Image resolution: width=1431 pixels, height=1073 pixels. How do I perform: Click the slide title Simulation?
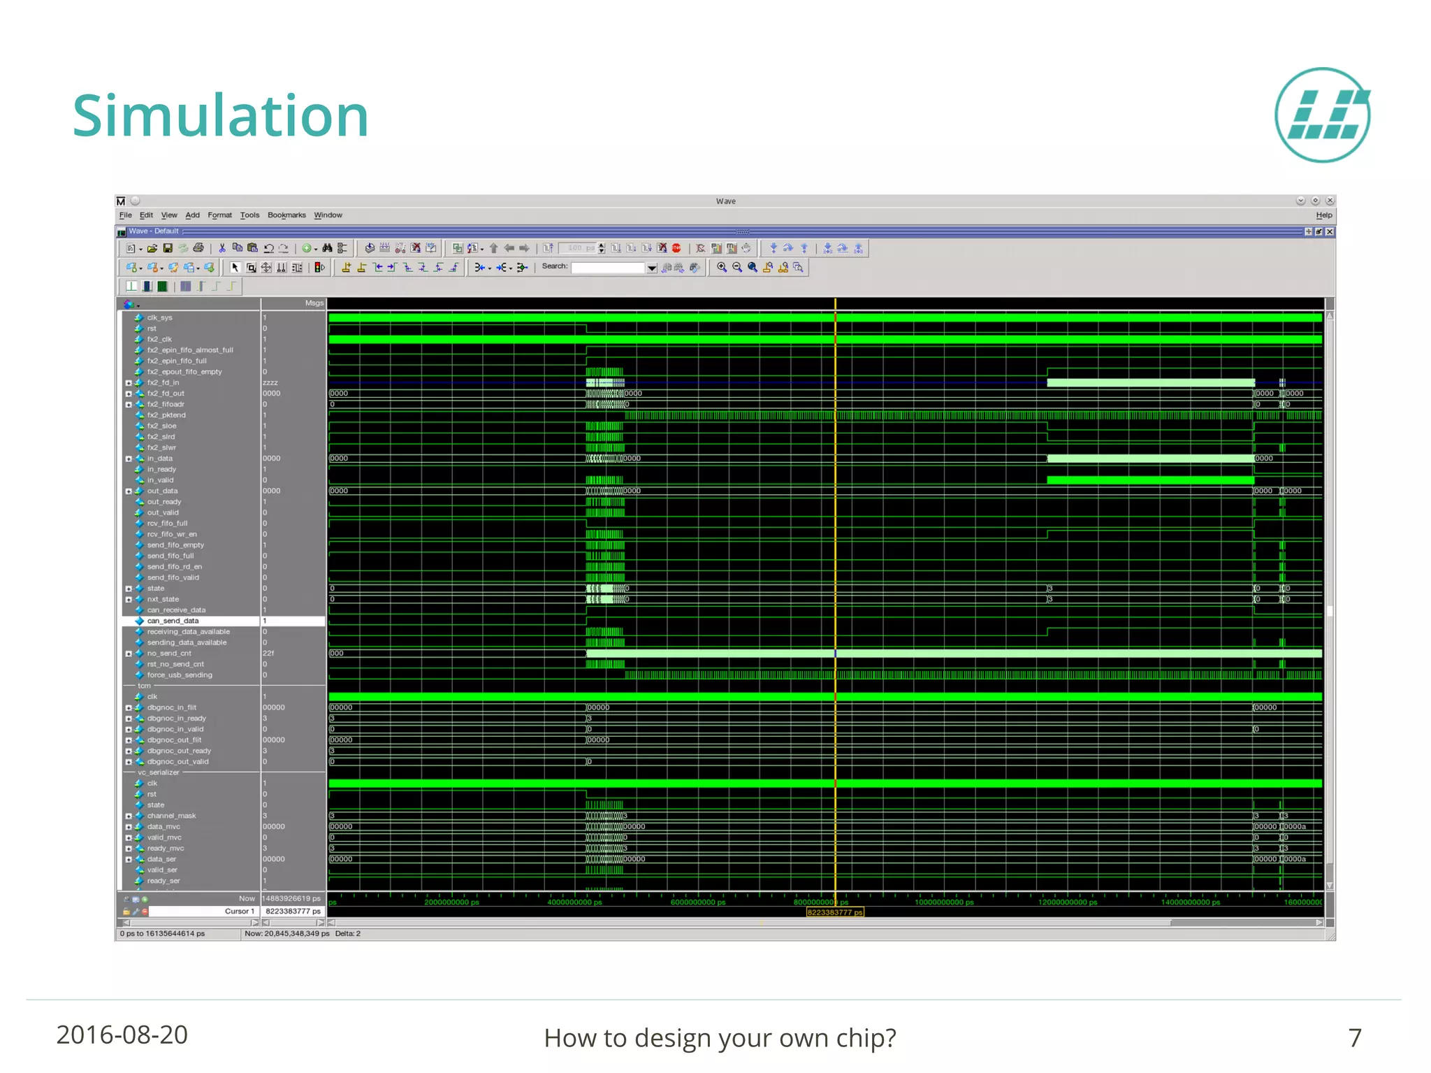[x=220, y=115]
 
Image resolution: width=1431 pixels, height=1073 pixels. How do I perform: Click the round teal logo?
[x=1322, y=115]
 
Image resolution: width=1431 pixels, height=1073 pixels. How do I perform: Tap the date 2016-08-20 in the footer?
[x=122, y=1035]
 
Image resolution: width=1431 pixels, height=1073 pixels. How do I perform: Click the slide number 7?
[x=1354, y=1038]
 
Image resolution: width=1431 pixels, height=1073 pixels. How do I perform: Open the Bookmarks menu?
[x=286, y=215]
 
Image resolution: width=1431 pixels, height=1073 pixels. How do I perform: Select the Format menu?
[x=219, y=215]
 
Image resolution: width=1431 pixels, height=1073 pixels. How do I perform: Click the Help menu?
[x=1323, y=215]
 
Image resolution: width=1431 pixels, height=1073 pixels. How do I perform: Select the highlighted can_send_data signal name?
[x=173, y=621]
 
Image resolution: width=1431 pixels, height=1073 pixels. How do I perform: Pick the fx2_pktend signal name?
[x=166, y=415]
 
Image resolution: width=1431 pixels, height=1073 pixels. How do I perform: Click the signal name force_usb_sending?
[x=180, y=675]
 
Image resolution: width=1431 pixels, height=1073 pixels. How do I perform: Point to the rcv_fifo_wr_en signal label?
[x=172, y=534]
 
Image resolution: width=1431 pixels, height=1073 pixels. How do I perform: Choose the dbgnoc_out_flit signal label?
[x=174, y=740]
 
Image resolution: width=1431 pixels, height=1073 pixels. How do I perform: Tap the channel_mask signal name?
[x=171, y=816]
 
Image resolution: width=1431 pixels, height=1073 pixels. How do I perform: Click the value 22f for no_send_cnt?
[x=269, y=654]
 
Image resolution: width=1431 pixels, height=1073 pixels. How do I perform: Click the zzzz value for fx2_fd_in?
[x=270, y=383]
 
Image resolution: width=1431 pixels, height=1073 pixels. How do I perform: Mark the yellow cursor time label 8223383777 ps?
[x=835, y=912]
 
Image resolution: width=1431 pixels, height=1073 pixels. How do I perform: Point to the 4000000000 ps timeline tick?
[x=574, y=902]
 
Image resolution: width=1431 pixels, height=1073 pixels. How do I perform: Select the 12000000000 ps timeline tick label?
[x=1067, y=902]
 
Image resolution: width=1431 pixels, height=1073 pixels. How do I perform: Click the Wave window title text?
[x=725, y=201]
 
